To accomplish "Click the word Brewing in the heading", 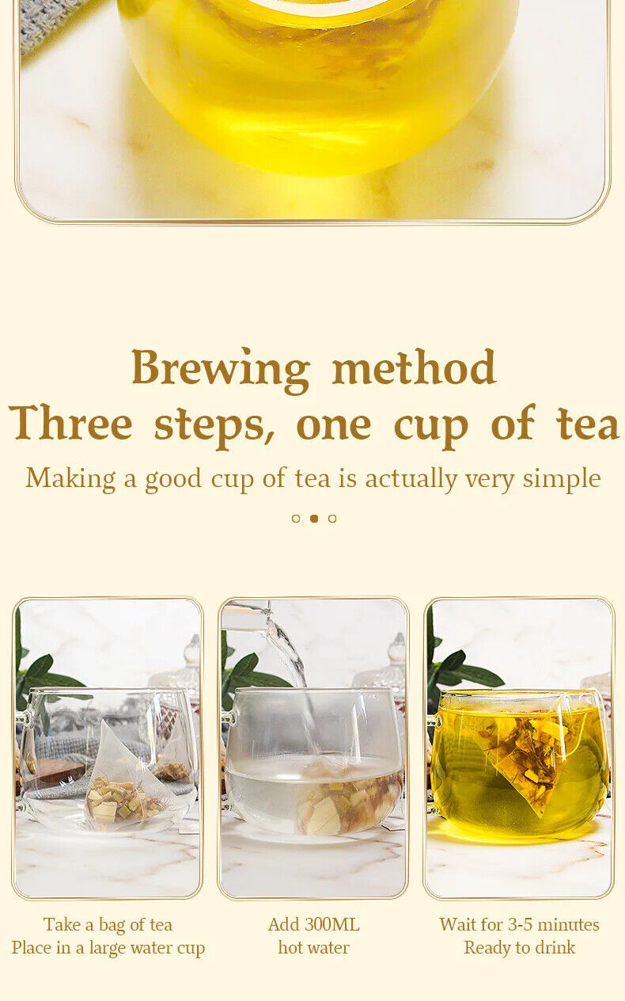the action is coord(221,370).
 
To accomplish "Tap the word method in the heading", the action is coord(414,367).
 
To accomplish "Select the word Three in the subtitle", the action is coord(70,422).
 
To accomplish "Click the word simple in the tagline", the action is coord(562,479).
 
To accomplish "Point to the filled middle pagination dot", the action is coord(314,519).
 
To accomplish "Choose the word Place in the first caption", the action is coord(30,947).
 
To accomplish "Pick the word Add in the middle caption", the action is coord(283,925).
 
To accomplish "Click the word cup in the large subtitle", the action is coord(431,427).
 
